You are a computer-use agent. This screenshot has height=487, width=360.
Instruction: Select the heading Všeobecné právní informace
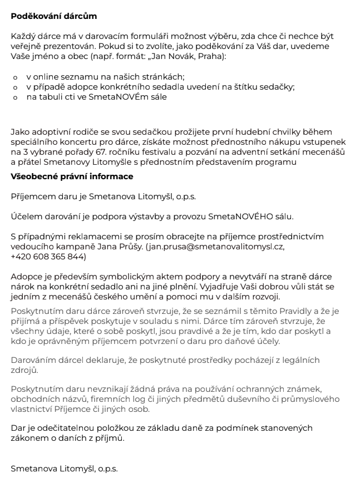tap(72, 177)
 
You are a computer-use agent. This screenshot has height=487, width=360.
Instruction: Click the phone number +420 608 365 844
tap(48, 256)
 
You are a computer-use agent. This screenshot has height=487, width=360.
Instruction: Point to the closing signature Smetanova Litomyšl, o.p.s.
tap(65, 468)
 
